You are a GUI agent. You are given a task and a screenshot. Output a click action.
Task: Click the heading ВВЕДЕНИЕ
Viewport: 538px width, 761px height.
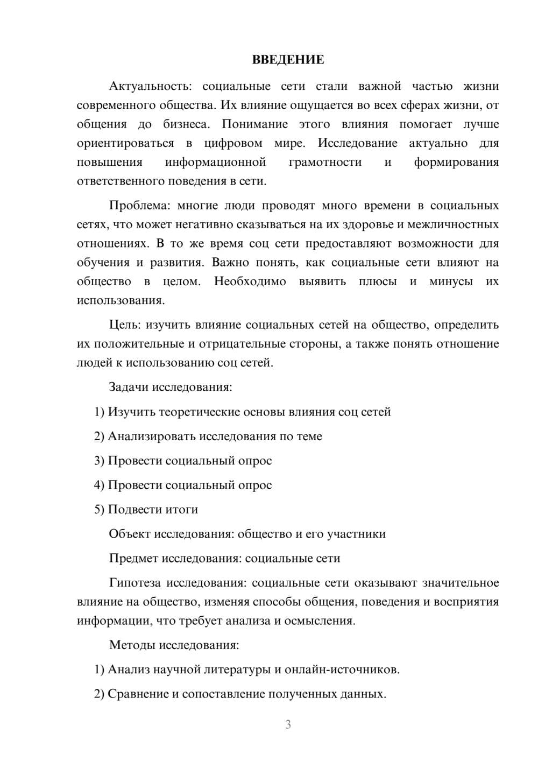pos(288,60)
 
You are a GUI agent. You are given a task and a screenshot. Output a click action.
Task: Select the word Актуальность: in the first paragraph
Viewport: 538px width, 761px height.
pos(150,86)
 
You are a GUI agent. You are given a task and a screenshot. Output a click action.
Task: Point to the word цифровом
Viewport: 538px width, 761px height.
pos(233,143)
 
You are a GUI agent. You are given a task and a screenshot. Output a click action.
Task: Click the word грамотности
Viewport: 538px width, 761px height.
pos(325,162)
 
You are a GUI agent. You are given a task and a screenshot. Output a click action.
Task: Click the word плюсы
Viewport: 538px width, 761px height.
pos(378,281)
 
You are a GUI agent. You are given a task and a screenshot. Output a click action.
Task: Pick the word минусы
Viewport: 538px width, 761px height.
pos(451,281)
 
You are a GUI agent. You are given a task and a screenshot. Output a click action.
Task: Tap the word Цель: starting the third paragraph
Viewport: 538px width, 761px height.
pos(125,325)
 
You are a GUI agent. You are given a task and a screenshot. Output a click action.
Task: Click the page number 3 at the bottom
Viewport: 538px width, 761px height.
pos(288,724)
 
